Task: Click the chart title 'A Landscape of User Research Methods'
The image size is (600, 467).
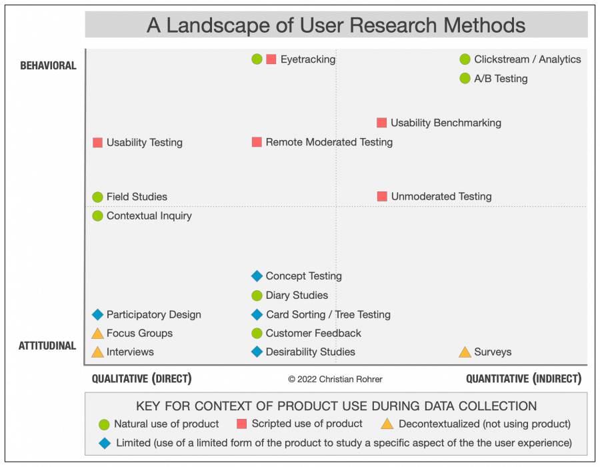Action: pos(336,25)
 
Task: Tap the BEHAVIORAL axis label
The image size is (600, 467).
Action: pos(48,65)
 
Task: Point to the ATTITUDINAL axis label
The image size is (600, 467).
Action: pos(47,346)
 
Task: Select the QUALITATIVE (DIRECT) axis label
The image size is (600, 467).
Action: pos(141,379)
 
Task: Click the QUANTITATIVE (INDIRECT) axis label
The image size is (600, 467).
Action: pos(523,379)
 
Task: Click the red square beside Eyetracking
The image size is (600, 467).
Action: pos(271,59)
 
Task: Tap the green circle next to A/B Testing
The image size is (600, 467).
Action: pos(465,78)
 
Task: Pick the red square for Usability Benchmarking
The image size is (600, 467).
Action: pos(381,123)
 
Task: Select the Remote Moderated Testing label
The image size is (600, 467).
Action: pos(329,142)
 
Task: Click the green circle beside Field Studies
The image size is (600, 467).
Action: pos(97,197)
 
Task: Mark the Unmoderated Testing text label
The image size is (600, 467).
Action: pos(441,197)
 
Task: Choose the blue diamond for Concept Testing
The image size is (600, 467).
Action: pos(257,276)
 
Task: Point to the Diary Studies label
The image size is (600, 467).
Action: pos(297,296)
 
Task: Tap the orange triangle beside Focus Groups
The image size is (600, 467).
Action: pos(97,334)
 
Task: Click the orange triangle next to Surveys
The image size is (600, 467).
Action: pos(465,352)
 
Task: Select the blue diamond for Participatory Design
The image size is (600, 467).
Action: pos(97,315)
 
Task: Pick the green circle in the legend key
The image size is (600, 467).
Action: pos(104,424)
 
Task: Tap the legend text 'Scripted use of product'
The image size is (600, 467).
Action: pos(307,424)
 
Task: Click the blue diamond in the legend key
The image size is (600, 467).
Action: pos(104,442)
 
